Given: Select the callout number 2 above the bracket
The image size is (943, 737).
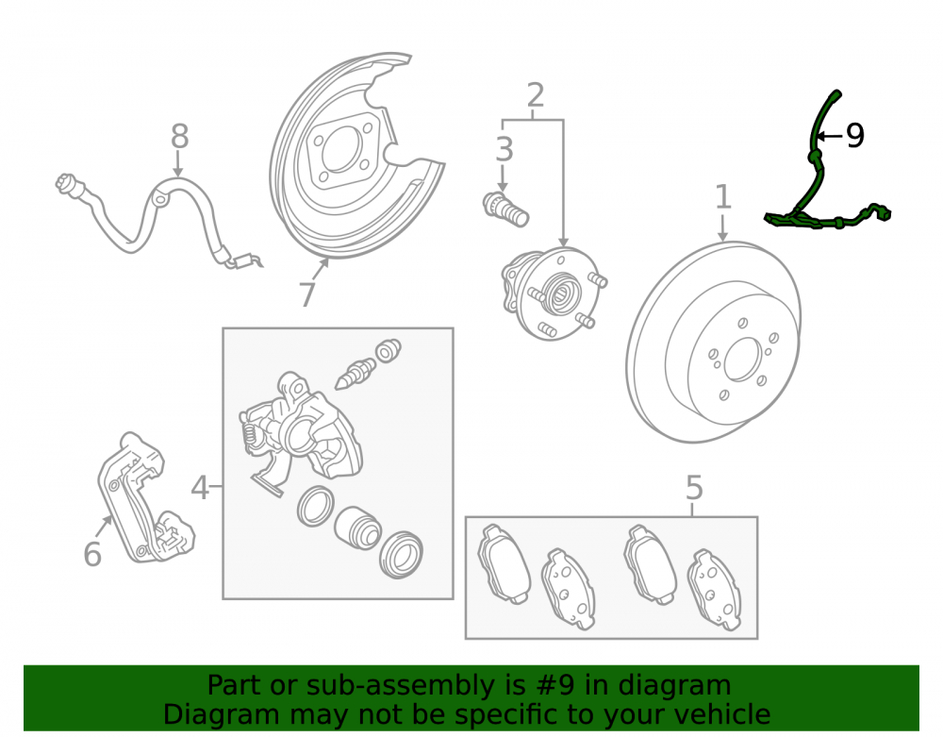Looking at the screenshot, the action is point(536,95).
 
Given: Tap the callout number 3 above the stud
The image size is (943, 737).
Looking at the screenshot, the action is point(504,149).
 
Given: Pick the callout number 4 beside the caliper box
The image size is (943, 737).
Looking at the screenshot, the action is point(200,487).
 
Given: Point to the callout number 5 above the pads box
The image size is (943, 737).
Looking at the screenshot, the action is point(694,487).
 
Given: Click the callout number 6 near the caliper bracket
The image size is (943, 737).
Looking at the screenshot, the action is point(92,554).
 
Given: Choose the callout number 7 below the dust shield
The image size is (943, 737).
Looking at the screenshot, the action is point(307,294).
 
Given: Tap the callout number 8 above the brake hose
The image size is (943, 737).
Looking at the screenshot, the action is point(180,137).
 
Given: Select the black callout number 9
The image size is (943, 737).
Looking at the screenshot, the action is point(855,135).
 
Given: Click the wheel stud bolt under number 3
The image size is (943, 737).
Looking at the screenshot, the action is point(505,210).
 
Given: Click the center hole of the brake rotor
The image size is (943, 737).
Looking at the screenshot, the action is point(743,360).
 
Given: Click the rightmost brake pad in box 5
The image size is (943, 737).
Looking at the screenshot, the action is point(714,590).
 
